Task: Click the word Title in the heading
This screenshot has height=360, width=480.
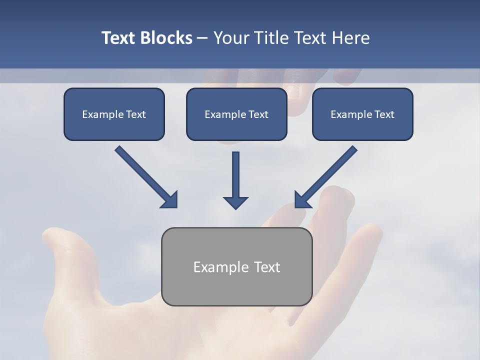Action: tap(268, 38)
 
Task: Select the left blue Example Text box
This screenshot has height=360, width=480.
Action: tap(114, 114)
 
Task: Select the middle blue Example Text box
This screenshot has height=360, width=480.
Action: tap(236, 114)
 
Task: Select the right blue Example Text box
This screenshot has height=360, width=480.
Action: tap(362, 114)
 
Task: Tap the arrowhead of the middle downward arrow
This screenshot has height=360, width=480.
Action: tap(235, 202)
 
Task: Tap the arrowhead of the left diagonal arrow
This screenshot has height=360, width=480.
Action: tap(170, 200)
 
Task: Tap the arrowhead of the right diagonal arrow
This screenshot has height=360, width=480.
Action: tap(301, 200)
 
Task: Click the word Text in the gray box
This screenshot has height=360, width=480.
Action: tap(267, 267)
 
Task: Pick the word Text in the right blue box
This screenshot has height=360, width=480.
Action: tap(384, 114)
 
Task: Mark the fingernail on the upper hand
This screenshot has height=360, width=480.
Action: tap(294, 91)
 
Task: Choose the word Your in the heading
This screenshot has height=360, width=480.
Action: tap(230, 38)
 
